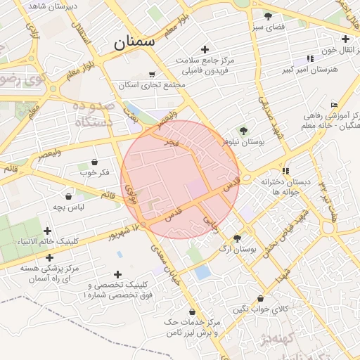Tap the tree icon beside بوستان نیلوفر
[243, 131]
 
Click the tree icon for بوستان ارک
[237, 238]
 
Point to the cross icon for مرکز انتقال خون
[345, 39]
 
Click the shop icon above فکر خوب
[94, 162]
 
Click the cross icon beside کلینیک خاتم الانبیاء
[48, 231]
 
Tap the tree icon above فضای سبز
[267, 16]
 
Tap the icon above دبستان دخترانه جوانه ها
[285, 171]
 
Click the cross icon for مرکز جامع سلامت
[205, 49]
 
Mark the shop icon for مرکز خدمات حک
[193, 311]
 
